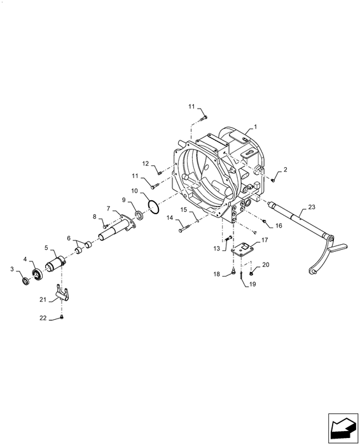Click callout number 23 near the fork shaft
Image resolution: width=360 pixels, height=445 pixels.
(x=312, y=207)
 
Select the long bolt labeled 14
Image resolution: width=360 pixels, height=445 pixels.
(x=184, y=228)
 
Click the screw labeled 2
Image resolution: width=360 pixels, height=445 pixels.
(x=273, y=180)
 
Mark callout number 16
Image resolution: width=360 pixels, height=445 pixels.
(x=279, y=225)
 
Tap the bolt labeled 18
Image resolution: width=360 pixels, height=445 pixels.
(x=233, y=272)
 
